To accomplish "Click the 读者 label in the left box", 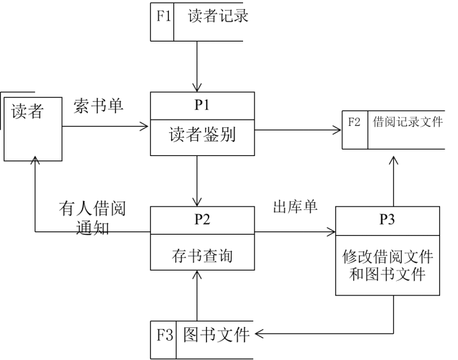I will tap(27, 112).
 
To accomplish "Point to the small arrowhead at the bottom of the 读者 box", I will tap(35, 157).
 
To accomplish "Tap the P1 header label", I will tap(202, 106).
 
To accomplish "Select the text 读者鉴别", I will tap(202, 135).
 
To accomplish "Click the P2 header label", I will tap(202, 220).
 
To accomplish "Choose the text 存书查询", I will tap(202, 256).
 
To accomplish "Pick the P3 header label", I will tap(387, 220).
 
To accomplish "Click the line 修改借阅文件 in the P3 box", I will tap(388, 257).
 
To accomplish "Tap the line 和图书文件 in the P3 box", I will tap(388, 275).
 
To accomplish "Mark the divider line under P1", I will tap(202, 120).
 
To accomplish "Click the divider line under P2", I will tap(202, 235).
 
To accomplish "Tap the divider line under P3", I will tap(387, 235).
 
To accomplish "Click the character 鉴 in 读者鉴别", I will tap(211, 135).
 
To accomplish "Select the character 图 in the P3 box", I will tap(372, 275).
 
